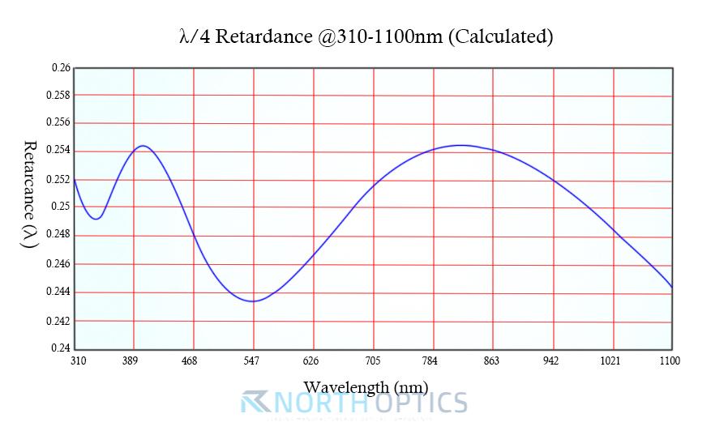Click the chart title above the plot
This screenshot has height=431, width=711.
(365, 36)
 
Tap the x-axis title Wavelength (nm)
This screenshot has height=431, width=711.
(366, 386)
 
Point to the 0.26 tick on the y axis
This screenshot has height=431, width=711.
(61, 68)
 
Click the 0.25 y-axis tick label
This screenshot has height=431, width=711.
(61, 207)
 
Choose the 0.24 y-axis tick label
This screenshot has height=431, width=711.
(61, 348)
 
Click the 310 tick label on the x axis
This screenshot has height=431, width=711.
(78, 361)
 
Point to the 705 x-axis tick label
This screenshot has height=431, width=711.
(372, 361)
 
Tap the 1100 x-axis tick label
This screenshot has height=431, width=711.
(670, 361)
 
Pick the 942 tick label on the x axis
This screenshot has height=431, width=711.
(551, 361)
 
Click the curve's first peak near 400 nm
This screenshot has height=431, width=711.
(143, 146)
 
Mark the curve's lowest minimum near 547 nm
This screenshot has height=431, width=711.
(253, 301)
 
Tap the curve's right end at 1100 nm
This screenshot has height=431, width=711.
(671, 287)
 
